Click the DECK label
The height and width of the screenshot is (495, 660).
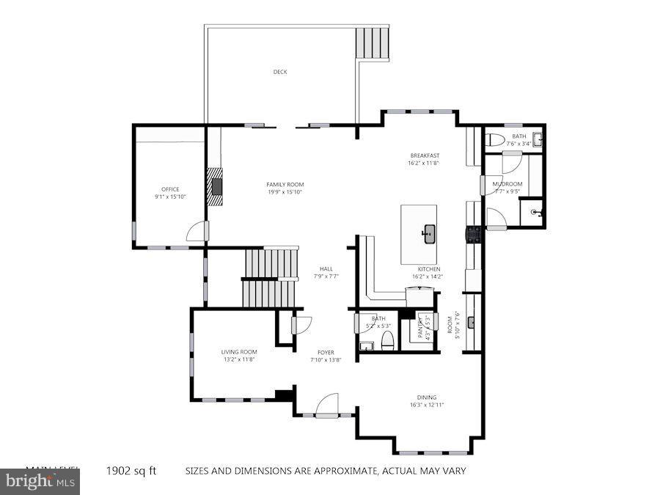click(280, 72)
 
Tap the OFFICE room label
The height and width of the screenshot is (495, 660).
click(170, 190)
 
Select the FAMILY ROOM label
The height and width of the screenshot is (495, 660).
click(285, 185)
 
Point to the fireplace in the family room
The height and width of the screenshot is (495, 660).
click(216, 185)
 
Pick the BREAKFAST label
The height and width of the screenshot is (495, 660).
click(425, 155)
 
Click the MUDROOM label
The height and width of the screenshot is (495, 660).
click(507, 184)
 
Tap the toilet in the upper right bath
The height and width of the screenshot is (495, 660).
click(494, 139)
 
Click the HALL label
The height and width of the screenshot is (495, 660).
click(326, 269)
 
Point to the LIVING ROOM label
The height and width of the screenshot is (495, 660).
click(239, 352)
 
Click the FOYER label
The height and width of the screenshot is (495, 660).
click(326, 353)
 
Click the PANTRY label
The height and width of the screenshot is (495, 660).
click(421, 326)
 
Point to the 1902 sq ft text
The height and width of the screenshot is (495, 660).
click(131, 471)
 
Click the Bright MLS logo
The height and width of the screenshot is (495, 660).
click(40, 482)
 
